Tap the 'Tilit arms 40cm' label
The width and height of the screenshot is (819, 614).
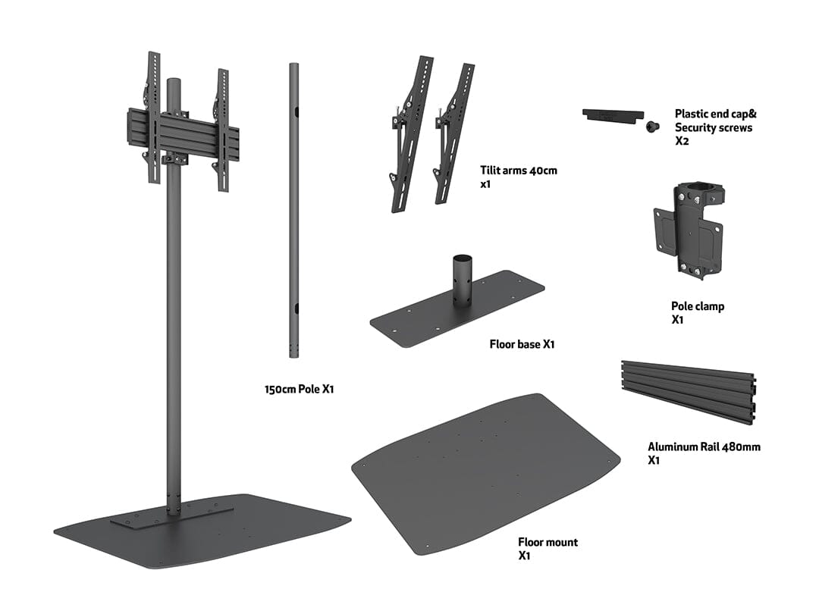[518, 170]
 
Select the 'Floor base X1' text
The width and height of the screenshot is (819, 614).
[522, 344]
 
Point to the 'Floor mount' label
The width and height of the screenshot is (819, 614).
[548, 542]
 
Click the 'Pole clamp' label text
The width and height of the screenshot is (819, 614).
[697, 306]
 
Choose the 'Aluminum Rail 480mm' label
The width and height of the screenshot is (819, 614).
[703, 446]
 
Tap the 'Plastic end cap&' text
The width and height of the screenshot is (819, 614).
[715, 114]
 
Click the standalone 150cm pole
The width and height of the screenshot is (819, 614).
[293, 212]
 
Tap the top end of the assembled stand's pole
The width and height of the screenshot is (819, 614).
[173, 82]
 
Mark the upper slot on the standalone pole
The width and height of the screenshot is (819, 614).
[296, 111]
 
